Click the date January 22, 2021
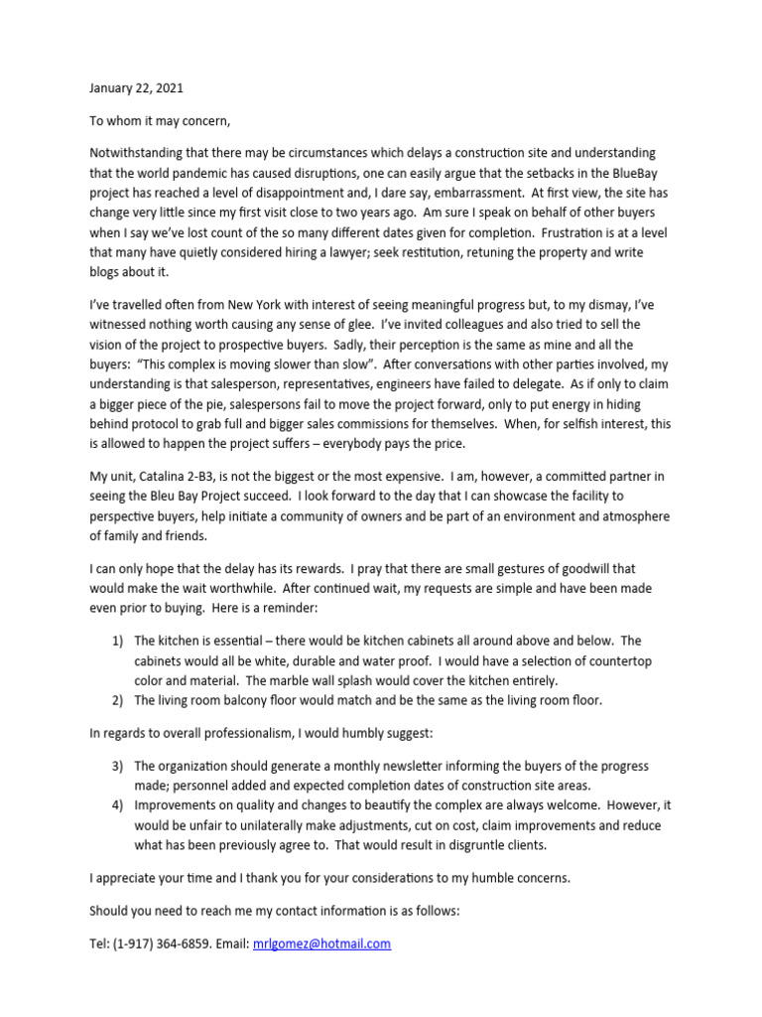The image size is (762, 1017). (x=136, y=88)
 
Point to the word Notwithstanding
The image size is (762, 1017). (x=136, y=153)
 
